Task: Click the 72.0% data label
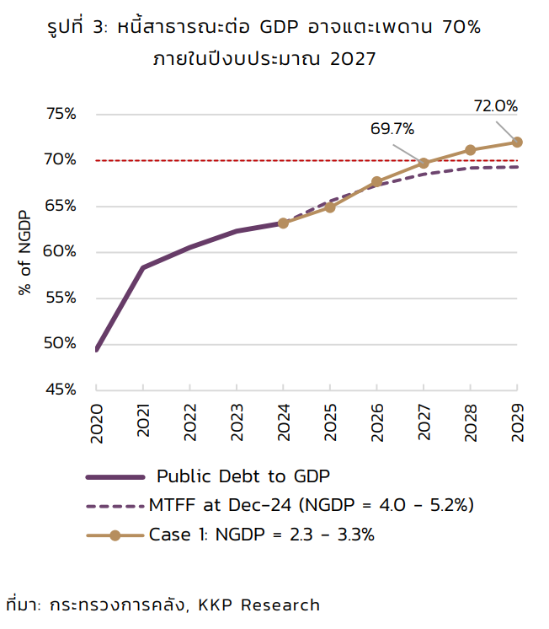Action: click(x=495, y=106)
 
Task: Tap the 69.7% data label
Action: click(x=392, y=129)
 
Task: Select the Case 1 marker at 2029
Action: click(x=517, y=142)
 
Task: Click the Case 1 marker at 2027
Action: click(x=424, y=163)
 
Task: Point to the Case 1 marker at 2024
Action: click(x=283, y=223)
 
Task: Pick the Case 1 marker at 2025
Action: click(x=330, y=207)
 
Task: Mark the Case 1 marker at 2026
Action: click(x=377, y=181)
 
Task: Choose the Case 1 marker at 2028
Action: click(x=471, y=150)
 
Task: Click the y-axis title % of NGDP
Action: click(x=24, y=251)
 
